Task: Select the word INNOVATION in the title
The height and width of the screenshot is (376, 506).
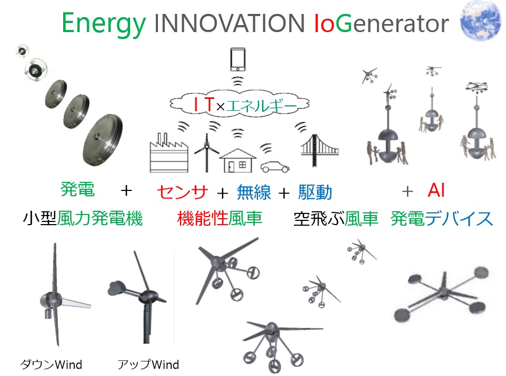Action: [x=230, y=23]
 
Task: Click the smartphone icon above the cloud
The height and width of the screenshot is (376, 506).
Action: [x=238, y=59]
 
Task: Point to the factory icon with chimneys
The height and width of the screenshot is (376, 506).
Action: [x=169, y=154]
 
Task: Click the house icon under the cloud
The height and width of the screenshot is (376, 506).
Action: [x=238, y=160]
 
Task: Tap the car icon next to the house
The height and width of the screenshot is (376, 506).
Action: [x=275, y=167]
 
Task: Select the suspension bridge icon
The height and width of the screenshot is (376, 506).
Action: [x=320, y=150]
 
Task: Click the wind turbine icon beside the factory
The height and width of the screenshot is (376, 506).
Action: [x=207, y=153]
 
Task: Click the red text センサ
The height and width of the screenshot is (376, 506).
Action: [x=183, y=192]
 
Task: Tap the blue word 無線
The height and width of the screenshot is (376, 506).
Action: [x=254, y=192]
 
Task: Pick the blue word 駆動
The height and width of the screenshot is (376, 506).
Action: [x=315, y=192]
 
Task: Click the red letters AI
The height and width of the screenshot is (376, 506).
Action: [x=436, y=190]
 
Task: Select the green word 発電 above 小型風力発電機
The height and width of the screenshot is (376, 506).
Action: [x=78, y=189]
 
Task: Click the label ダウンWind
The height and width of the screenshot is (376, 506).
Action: [x=51, y=364]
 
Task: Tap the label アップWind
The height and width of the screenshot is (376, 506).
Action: [x=148, y=364]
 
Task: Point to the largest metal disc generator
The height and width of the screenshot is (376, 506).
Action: [x=103, y=140]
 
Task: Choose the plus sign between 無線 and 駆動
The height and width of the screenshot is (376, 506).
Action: [x=284, y=193]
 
